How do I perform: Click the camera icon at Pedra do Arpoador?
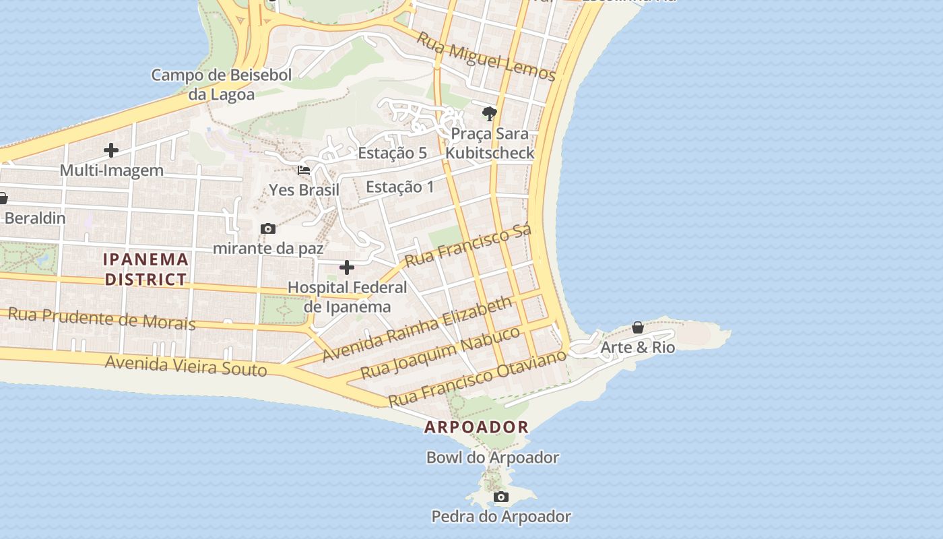click(500, 497)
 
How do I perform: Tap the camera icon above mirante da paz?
click(267, 229)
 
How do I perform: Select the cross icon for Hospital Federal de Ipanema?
click(347, 268)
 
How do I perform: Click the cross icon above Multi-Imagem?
click(111, 150)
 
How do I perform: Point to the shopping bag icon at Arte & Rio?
click(637, 328)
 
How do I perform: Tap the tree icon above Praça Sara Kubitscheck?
click(490, 114)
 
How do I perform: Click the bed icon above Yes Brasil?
click(304, 170)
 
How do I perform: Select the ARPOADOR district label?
click(476, 427)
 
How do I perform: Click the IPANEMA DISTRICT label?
click(145, 269)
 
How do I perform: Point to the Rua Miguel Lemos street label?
click(486, 57)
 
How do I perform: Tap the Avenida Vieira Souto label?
click(186, 366)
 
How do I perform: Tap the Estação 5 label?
click(392, 153)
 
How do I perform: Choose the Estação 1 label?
click(400, 187)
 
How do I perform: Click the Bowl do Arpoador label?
click(492, 457)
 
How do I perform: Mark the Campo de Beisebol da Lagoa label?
click(221, 84)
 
